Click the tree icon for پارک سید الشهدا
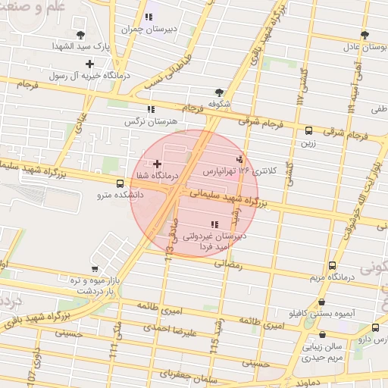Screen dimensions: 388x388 [81, 35]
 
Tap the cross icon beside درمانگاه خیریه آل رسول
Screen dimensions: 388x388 [90, 64]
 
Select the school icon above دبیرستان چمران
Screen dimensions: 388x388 [149, 17]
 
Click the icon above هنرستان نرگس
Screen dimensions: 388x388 [151, 109]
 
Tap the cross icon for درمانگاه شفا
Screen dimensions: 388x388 [157, 164]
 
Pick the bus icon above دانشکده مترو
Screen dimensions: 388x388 [120, 183]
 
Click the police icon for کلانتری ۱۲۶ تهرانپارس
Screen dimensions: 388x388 [240, 159]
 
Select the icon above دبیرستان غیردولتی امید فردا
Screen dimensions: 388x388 [214, 224]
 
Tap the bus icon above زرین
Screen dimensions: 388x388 [308, 130]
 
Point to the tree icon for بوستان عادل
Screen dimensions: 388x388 [365, 35]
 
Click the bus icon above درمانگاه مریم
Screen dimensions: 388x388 [332, 265]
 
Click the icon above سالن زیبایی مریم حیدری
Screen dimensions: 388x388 [323, 334]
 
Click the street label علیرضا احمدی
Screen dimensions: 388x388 [174, 330]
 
